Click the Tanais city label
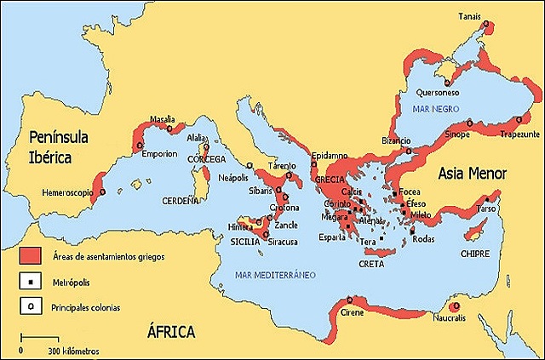470,15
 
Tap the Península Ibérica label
63,146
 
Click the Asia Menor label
472,174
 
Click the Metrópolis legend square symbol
31,280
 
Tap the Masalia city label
162,118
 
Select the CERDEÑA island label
180,202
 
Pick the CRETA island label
371,264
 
